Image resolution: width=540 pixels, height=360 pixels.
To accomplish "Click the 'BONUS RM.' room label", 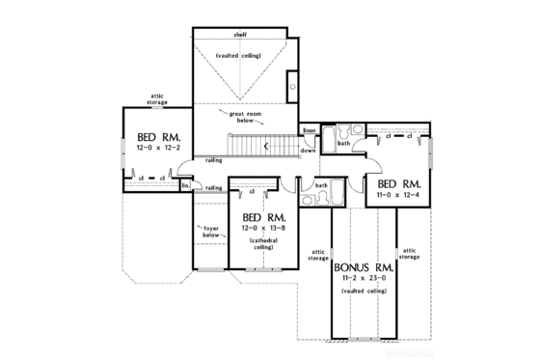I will pyautogui.click(x=362, y=264).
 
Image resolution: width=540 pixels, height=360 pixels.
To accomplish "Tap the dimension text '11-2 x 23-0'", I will pyautogui.click(x=362, y=278).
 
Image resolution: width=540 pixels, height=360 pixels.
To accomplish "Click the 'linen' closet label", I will pyautogui.click(x=309, y=130).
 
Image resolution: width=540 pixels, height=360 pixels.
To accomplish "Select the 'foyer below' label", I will pyautogui.click(x=211, y=232).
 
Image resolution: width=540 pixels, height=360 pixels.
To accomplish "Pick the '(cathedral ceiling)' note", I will pyautogui.click(x=262, y=243).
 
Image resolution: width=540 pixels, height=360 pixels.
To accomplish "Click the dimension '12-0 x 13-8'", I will pyautogui.click(x=262, y=228).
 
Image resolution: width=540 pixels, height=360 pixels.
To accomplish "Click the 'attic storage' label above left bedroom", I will pyautogui.click(x=159, y=99).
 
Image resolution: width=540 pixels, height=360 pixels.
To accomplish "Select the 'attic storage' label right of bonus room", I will pyautogui.click(x=409, y=254).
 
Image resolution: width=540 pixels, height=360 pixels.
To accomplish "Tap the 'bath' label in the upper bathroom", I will pyautogui.click(x=343, y=144).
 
